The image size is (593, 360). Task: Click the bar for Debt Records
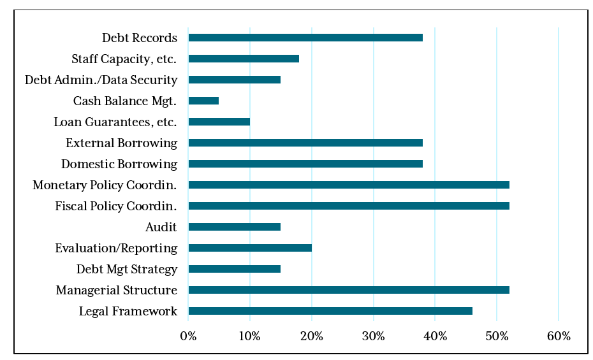coord(305,38)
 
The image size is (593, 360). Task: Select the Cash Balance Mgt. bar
coord(203,101)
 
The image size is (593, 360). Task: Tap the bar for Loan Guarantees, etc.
coord(219,122)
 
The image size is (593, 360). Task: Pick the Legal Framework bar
coord(330,311)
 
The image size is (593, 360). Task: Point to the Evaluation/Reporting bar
coord(250,248)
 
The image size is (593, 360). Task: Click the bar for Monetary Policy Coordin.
coord(349,185)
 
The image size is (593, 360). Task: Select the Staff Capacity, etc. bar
coord(244,59)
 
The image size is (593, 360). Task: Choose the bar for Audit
coord(234,227)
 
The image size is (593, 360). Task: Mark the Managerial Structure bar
coord(349,290)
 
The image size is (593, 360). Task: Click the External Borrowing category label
coord(121,143)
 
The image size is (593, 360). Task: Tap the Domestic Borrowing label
coord(119,164)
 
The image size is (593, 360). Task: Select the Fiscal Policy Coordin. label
coord(116,206)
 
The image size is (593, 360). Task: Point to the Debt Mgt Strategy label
coord(127,269)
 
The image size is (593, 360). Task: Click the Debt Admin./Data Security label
coord(101,80)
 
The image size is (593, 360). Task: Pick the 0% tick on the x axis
coord(188,336)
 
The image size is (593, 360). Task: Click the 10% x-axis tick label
coord(249,336)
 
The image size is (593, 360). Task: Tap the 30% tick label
coord(373,336)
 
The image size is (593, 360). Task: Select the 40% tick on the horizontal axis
coord(435,336)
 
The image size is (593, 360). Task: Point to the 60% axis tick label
coord(559,336)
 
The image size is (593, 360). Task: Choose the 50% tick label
coord(497,336)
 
